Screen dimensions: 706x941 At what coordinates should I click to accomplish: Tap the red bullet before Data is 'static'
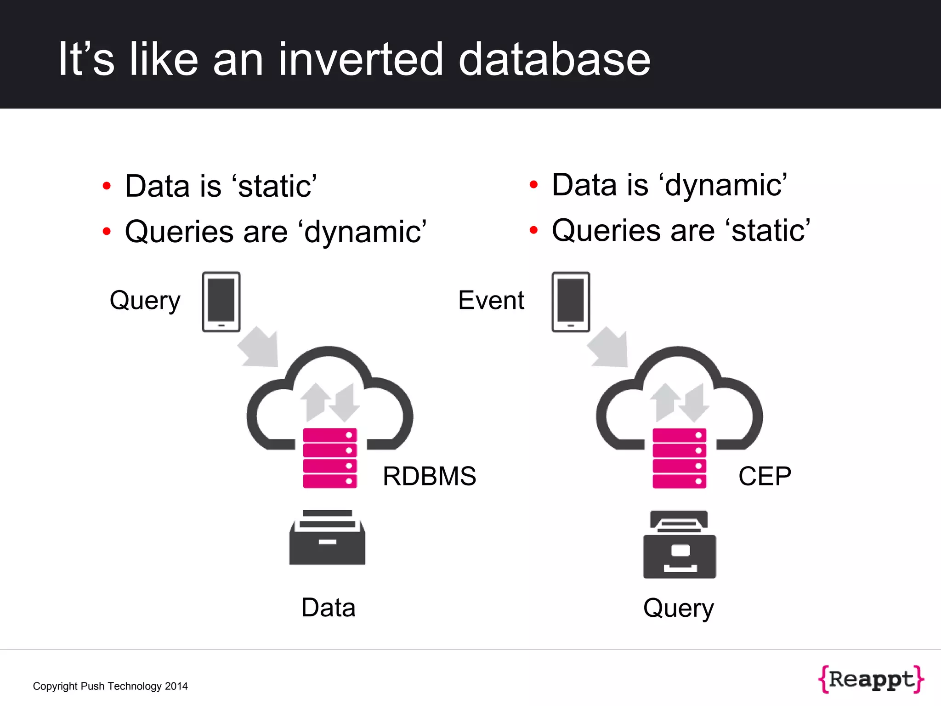tap(107, 186)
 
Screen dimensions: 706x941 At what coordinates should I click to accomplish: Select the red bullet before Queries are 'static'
tap(533, 230)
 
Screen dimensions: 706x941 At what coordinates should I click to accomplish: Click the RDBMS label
tap(429, 476)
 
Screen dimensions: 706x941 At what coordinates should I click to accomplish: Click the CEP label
tap(765, 476)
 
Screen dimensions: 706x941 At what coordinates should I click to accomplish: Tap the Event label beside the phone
tap(491, 300)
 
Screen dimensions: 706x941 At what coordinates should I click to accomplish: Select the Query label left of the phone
tap(145, 301)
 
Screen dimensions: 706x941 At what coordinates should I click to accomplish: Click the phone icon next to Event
tap(571, 302)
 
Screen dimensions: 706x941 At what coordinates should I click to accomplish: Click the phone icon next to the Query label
tap(221, 302)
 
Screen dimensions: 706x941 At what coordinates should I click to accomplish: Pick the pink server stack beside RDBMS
tap(330, 458)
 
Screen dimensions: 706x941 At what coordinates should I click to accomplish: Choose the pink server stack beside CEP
tap(679, 458)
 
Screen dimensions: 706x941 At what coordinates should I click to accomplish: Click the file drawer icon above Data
tap(327, 538)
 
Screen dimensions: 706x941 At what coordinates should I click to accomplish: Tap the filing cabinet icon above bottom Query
tap(680, 545)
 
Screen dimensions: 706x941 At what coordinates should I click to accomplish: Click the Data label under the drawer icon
tap(328, 608)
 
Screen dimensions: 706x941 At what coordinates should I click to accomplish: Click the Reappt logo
tap(871, 679)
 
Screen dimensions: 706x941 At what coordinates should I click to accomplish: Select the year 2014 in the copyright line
tap(176, 686)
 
